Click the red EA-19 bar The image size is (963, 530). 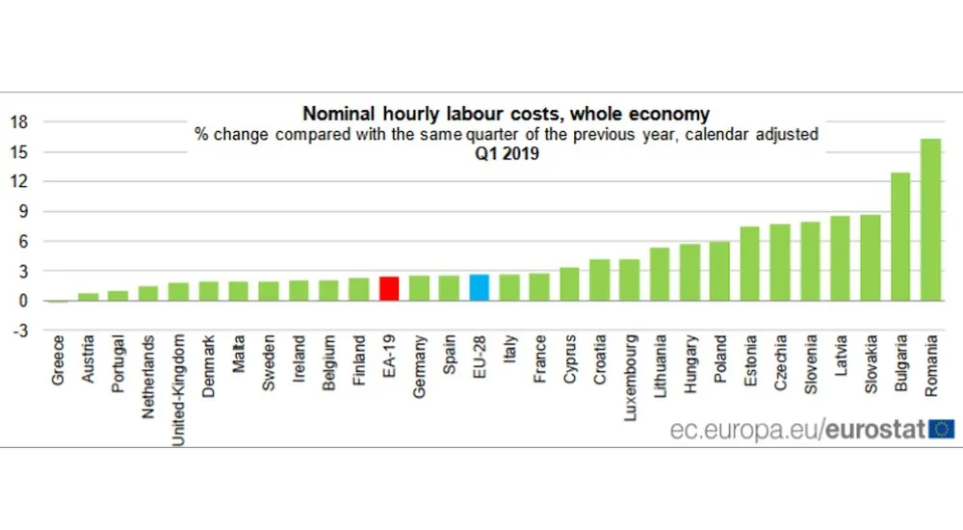[389, 289]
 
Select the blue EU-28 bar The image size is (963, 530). [480, 288]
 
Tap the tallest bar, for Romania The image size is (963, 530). [930, 220]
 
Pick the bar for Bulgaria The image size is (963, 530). [900, 236]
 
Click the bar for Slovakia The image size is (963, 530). [870, 257]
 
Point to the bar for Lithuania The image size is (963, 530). [660, 274]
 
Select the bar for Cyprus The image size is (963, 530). [569, 283]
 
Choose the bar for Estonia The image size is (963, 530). [750, 263]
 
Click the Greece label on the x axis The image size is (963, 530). [59, 360]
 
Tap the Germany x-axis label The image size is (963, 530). [420, 365]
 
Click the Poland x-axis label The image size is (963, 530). [720, 359]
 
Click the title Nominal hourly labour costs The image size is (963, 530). [507, 114]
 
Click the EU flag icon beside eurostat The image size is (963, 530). [942, 428]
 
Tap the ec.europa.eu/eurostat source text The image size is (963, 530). [798, 429]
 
